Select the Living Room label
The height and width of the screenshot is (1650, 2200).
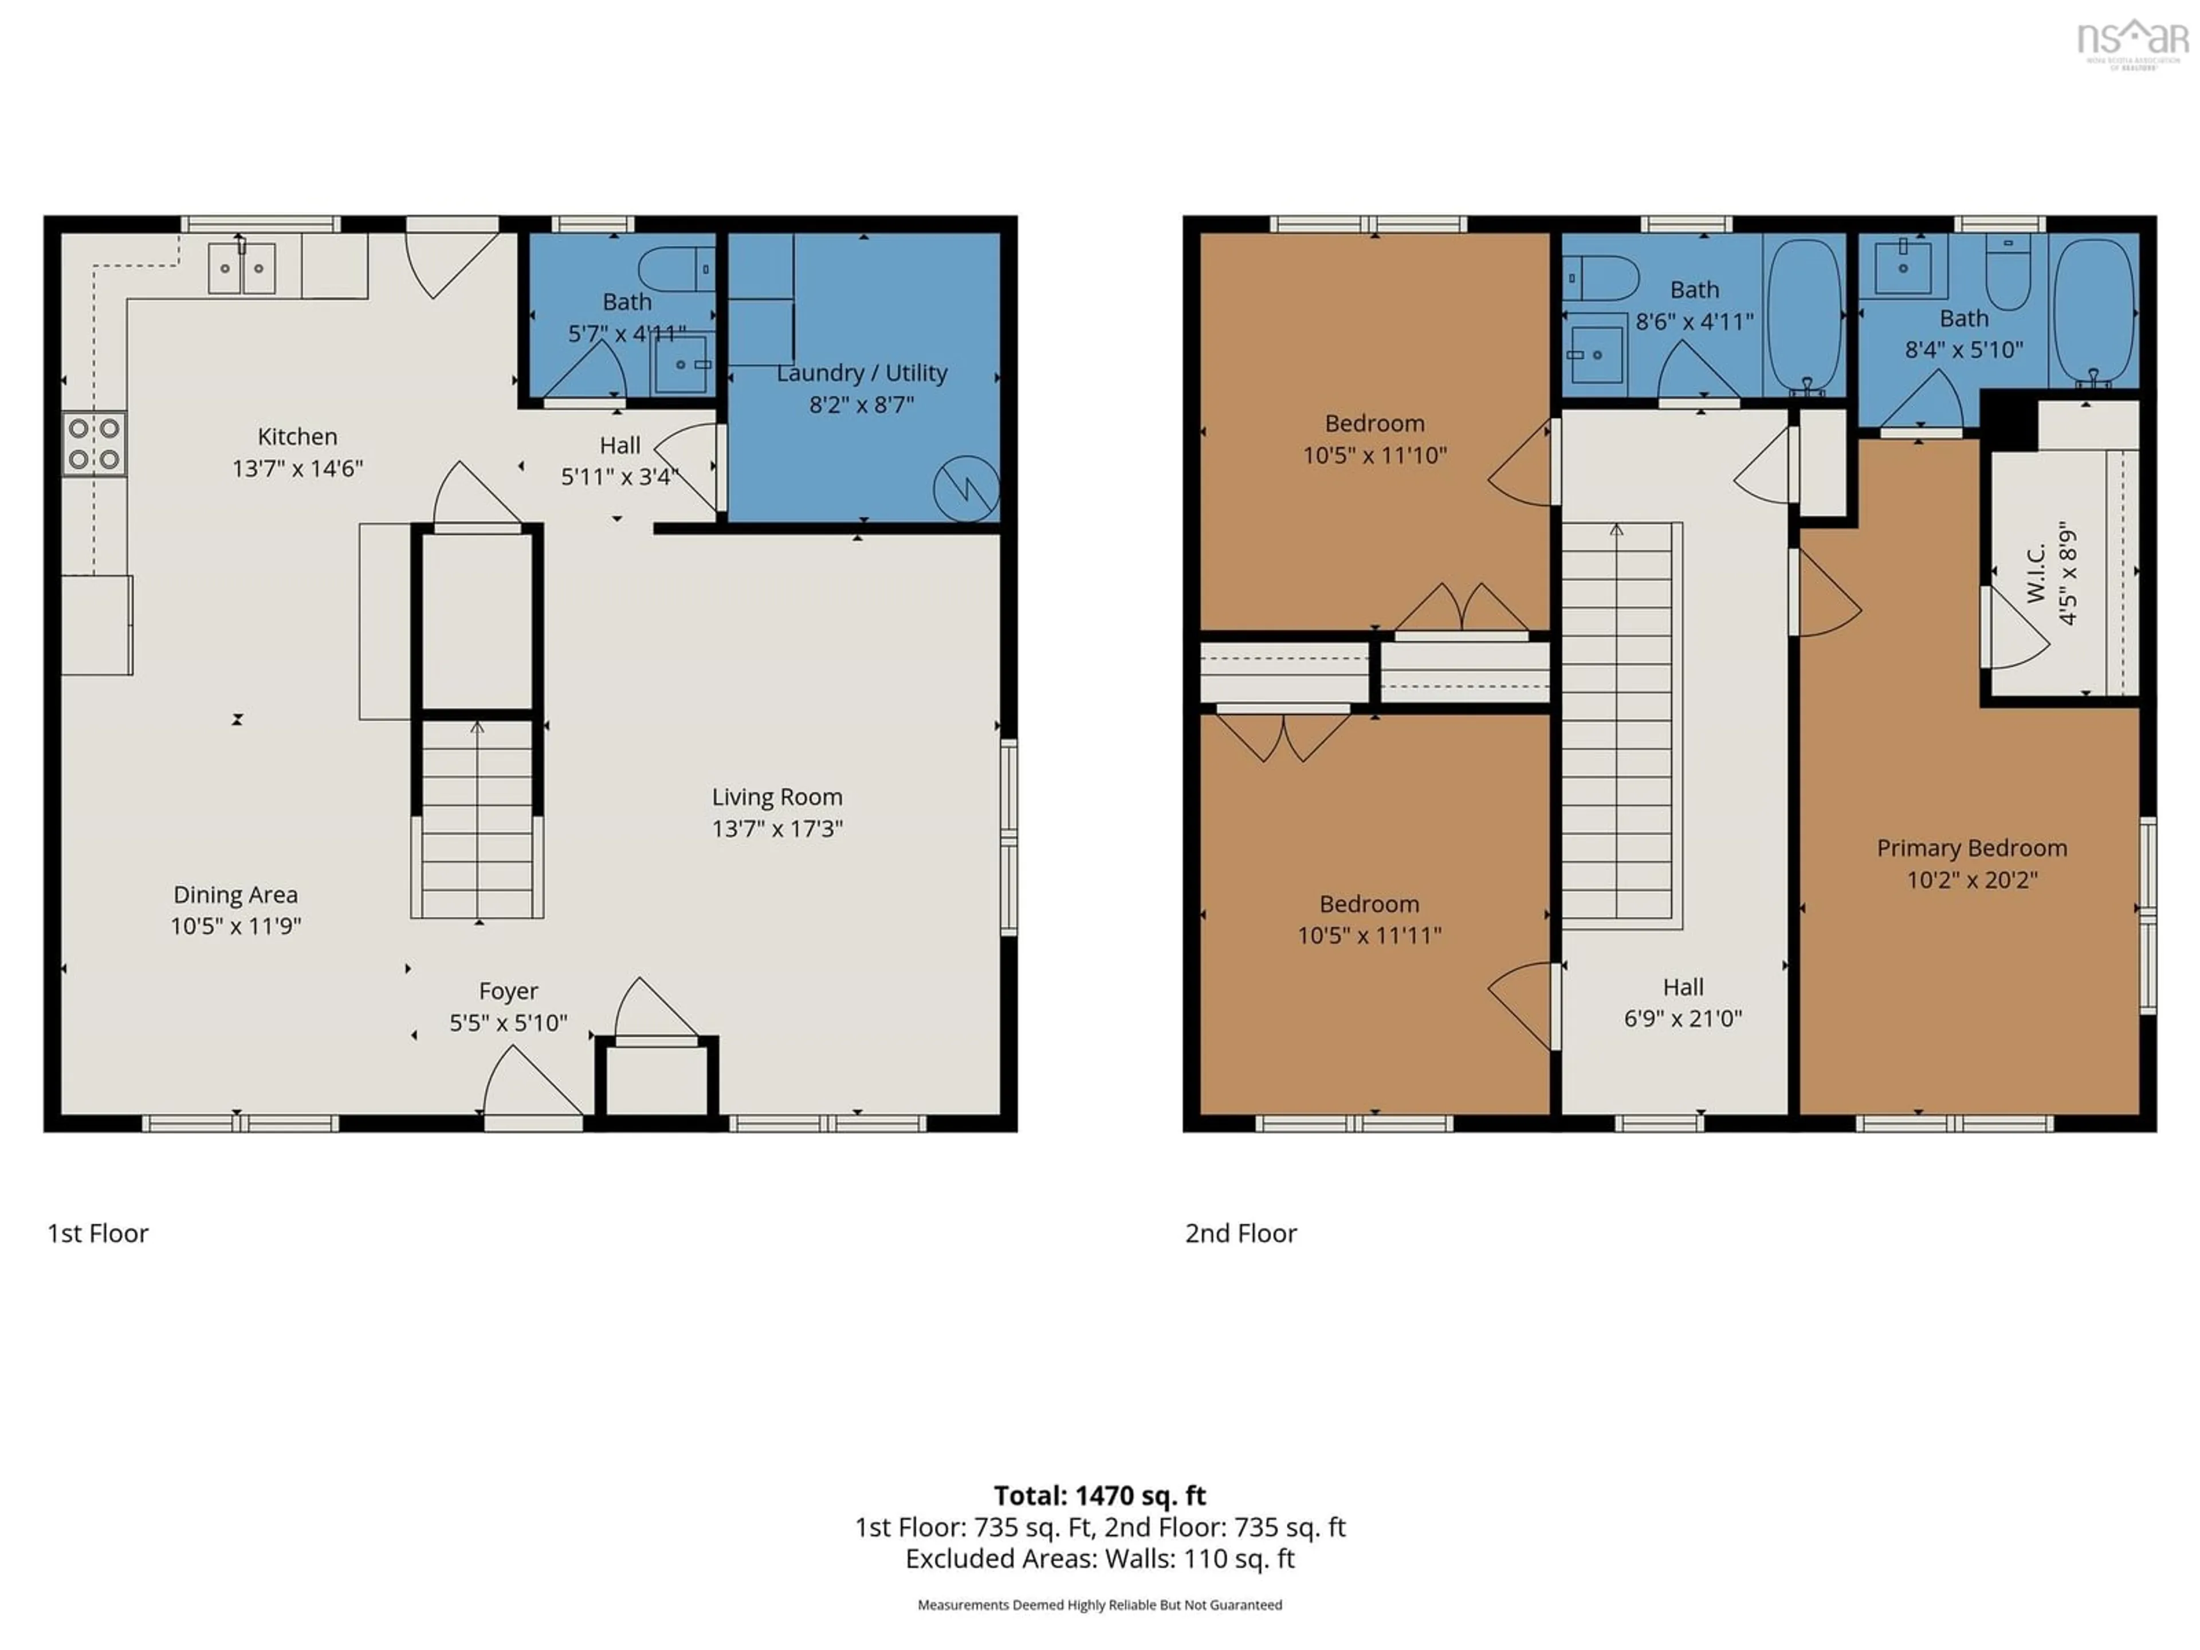pyautogui.click(x=777, y=797)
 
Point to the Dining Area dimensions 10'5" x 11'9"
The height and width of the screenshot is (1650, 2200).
pyautogui.click(x=235, y=926)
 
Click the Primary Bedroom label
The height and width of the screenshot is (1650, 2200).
pyautogui.click(x=1971, y=847)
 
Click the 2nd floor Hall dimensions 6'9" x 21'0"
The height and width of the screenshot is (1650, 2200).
pyautogui.click(x=1683, y=1019)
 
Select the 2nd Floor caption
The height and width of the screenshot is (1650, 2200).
pyautogui.click(x=1240, y=1233)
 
